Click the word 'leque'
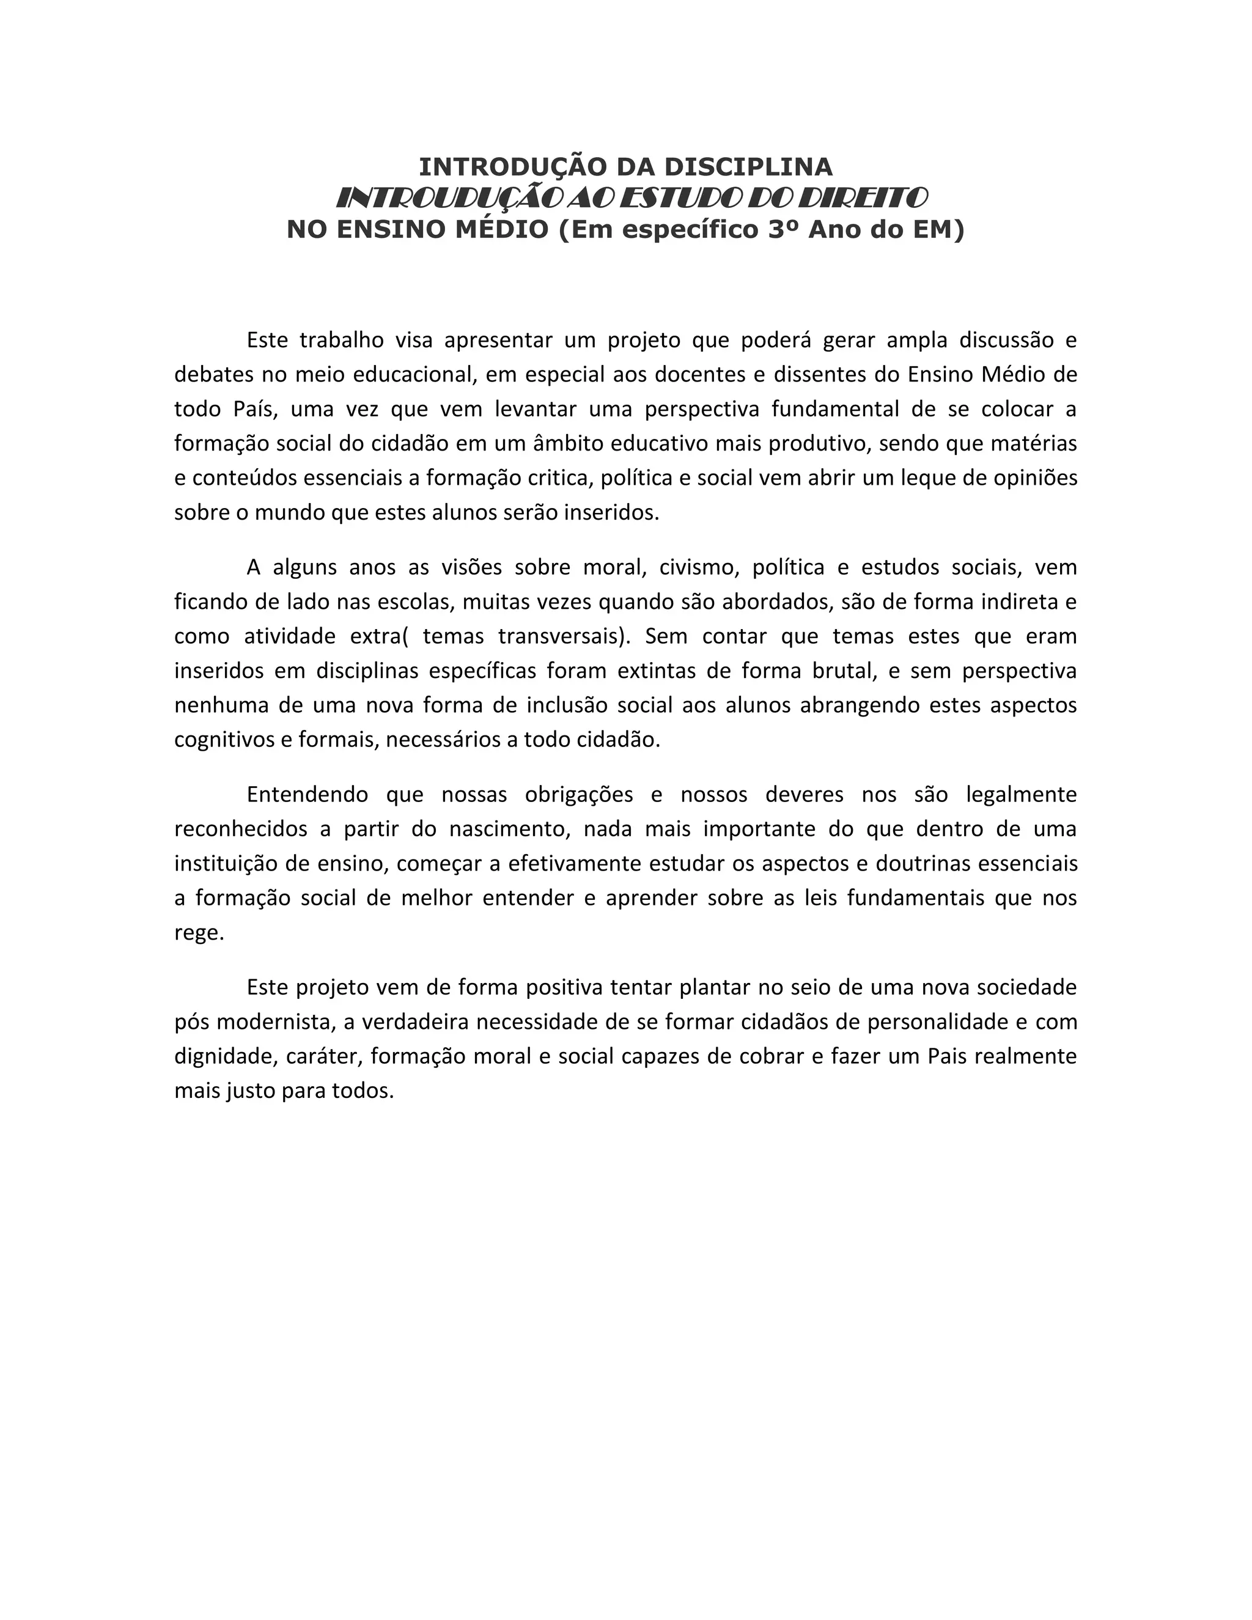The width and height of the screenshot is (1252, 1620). click(x=928, y=477)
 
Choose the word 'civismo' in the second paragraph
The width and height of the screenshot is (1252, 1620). click(x=699, y=567)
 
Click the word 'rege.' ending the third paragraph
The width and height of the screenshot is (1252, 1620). click(x=199, y=932)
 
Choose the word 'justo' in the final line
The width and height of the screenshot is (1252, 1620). click(x=251, y=1091)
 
